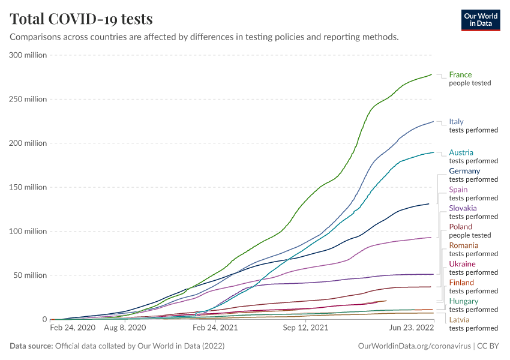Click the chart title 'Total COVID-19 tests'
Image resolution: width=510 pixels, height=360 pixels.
point(81,19)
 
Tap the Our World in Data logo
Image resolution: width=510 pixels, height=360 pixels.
point(480,20)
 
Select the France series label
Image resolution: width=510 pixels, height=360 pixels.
point(460,75)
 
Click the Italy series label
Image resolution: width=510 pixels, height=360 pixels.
point(456,122)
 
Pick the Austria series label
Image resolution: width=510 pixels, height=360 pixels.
point(461,152)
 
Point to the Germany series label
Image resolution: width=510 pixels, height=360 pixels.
point(464,171)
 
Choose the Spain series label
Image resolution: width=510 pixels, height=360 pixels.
point(458,190)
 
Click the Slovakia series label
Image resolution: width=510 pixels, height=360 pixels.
point(463,208)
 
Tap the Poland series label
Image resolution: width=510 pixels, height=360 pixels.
point(460,227)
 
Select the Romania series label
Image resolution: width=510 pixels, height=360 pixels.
point(464,245)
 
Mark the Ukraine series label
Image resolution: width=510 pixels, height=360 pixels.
point(462,264)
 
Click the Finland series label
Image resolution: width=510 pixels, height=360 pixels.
point(461,283)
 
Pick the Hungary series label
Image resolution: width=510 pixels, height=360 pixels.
point(463,301)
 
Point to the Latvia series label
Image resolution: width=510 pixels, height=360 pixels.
point(459,320)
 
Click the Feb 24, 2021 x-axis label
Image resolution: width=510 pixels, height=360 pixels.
point(214,329)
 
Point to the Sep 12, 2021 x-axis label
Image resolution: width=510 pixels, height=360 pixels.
point(307,329)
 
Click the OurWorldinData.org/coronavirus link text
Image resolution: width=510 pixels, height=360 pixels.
point(414,346)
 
